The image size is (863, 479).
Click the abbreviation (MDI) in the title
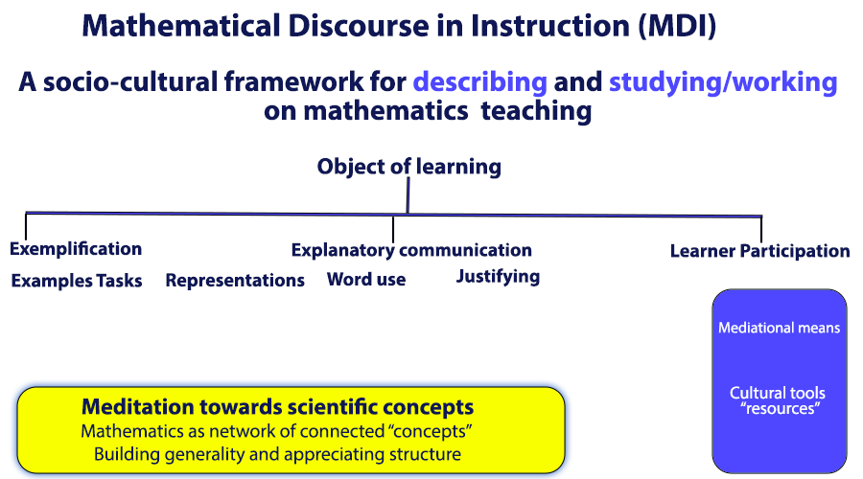tap(678, 26)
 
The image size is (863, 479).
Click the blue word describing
tap(480, 82)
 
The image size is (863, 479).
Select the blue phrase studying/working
tap(723, 82)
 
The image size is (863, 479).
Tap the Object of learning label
tap(408, 166)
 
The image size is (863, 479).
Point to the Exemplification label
tap(76, 248)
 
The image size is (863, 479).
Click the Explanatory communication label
tap(411, 250)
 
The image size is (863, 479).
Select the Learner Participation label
tap(760, 251)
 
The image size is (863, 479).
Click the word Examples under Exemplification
tap(52, 281)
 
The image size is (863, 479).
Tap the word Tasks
tap(119, 281)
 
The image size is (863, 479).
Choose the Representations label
tap(235, 281)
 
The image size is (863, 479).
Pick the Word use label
tap(366, 280)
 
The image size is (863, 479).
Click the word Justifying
tap(498, 276)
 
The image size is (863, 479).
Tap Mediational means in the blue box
tap(779, 328)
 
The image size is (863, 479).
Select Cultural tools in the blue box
tap(777, 393)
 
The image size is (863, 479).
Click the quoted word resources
tap(780, 409)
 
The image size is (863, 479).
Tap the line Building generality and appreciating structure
tap(277, 454)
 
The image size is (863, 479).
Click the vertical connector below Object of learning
tap(408, 195)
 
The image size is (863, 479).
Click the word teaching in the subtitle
tap(536, 112)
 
